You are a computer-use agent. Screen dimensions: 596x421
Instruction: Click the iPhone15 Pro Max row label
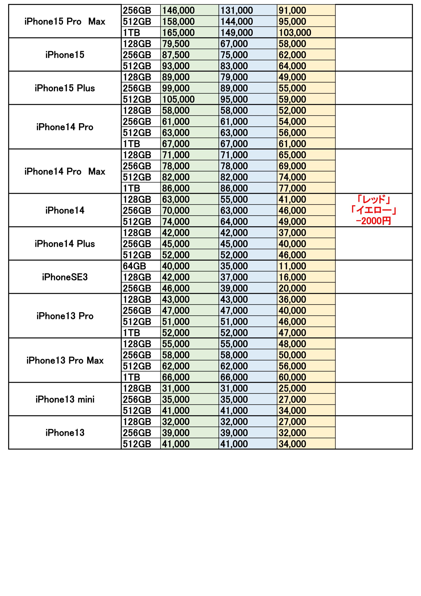point(65,21)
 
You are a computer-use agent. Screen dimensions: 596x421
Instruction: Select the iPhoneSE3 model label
point(65,277)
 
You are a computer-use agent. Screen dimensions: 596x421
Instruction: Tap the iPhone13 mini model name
point(65,399)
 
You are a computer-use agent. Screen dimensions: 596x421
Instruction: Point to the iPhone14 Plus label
point(65,244)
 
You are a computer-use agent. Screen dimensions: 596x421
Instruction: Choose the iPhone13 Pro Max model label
point(65,360)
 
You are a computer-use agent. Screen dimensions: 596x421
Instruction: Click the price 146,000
point(178,10)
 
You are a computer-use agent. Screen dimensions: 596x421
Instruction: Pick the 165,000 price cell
point(178,33)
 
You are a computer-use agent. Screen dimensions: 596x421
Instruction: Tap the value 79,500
point(176,44)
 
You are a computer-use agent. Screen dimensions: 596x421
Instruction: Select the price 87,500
point(176,55)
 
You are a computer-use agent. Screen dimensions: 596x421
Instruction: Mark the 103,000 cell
point(295,33)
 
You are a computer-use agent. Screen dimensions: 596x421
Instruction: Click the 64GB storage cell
point(134,266)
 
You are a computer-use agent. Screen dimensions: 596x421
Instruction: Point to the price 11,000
point(292,266)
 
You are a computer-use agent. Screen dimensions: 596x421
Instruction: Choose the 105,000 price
point(178,99)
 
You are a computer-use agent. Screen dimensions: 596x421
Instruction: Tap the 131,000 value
point(237,10)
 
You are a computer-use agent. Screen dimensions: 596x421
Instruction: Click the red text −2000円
point(374,221)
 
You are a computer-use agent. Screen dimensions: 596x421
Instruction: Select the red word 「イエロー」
point(374,210)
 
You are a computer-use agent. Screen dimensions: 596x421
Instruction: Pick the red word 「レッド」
point(374,199)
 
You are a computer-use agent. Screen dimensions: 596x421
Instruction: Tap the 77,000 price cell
point(292,188)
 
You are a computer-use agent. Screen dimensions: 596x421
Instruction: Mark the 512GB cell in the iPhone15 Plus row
point(137,99)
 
